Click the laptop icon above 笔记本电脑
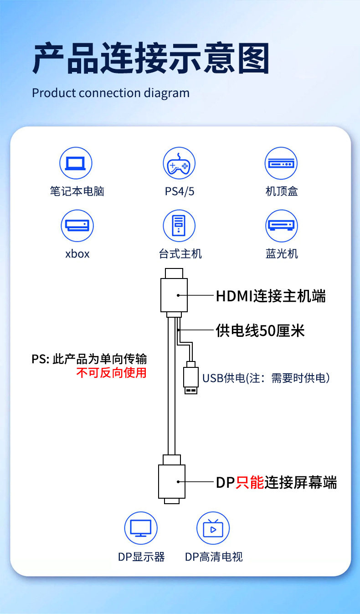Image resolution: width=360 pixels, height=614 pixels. (76, 163)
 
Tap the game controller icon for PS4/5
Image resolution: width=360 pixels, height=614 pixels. (179, 163)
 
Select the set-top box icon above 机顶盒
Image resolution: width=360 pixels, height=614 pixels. (281, 163)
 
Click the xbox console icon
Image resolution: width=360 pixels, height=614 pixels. (77, 226)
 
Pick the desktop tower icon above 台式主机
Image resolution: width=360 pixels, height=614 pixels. (179, 226)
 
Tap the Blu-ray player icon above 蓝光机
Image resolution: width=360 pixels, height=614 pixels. (281, 226)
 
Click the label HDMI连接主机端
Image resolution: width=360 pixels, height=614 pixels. (271, 296)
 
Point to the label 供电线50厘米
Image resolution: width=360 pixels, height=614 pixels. (260, 330)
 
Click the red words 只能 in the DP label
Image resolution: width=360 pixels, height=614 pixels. (250, 482)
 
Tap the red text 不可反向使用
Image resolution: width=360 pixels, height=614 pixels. (111, 372)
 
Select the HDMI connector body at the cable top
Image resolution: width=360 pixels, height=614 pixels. (174, 295)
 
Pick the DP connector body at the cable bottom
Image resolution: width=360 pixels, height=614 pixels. (171, 482)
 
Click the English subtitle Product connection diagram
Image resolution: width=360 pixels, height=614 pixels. (111, 93)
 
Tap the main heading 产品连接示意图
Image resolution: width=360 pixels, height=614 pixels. (151, 59)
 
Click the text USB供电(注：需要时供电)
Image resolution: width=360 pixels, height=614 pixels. (266, 378)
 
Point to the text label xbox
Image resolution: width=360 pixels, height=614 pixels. (77, 253)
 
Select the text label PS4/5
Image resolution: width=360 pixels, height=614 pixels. (180, 191)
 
